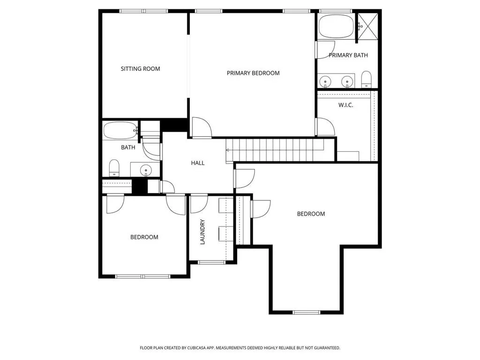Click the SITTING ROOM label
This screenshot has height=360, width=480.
pyautogui.click(x=140, y=69)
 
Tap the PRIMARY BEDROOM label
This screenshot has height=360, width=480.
pyautogui.click(x=253, y=73)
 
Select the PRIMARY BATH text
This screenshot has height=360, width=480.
pyautogui.click(x=348, y=55)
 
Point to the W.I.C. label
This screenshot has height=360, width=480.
pyautogui.click(x=345, y=105)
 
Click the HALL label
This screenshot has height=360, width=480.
pyautogui.click(x=197, y=163)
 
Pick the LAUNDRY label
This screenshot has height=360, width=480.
pyautogui.click(x=203, y=232)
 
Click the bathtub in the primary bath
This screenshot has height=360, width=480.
pyautogui.click(x=337, y=26)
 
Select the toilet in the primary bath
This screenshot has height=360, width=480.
pyautogui.click(x=366, y=80)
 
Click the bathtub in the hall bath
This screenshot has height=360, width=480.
pyautogui.click(x=120, y=131)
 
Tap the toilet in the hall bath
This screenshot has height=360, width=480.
pyautogui.click(x=114, y=168)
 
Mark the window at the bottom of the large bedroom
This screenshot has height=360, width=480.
pyautogui.click(x=306, y=312)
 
